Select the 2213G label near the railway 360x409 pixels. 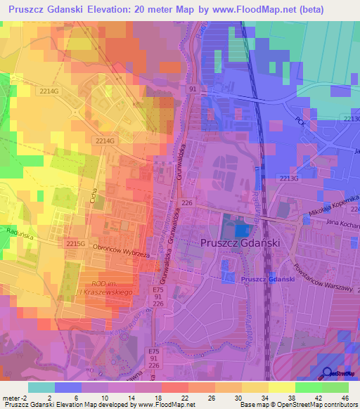tap(289, 178)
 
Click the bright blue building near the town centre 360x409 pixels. tap(240, 230)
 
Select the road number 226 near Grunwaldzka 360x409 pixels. tap(187, 202)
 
